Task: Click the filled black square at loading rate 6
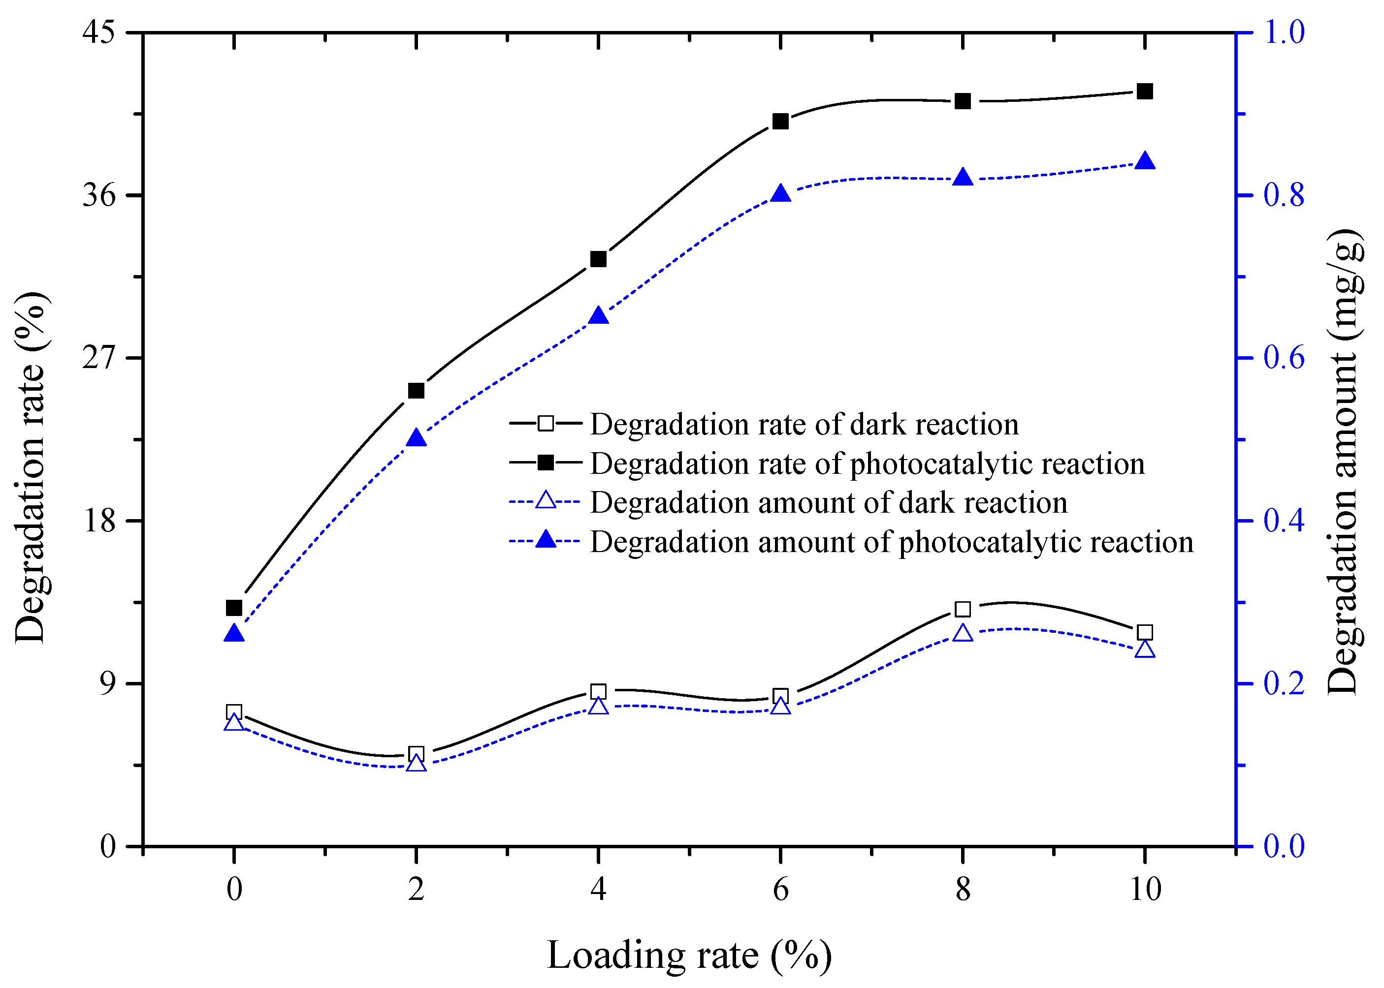pos(780,122)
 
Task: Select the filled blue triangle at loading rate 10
pos(1144,162)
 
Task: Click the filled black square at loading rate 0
pos(234,608)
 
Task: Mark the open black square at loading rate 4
pos(598,692)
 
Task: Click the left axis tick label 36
pos(98,196)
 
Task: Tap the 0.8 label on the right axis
pos(1284,196)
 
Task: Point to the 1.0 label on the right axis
pos(1284,32)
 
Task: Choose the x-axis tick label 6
pos(780,890)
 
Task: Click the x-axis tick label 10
pos(1145,890)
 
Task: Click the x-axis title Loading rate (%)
pos(689,955)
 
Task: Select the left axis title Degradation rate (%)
pos(31,468)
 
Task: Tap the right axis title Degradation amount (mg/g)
pos(1344,463)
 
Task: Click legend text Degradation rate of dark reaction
pos(804,424)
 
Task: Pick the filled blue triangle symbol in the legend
pos(546,539)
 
